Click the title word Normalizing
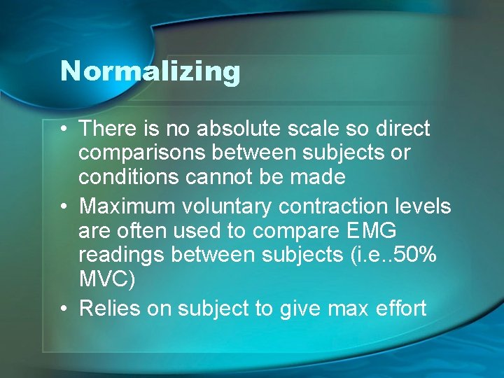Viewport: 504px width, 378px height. tap(150, 71)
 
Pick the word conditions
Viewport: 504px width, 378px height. tap(129, 177)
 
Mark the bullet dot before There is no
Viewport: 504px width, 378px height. tap(64, 129)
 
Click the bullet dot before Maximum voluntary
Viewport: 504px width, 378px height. tap(64, 206)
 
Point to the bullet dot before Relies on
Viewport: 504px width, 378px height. tap(64, 308)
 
